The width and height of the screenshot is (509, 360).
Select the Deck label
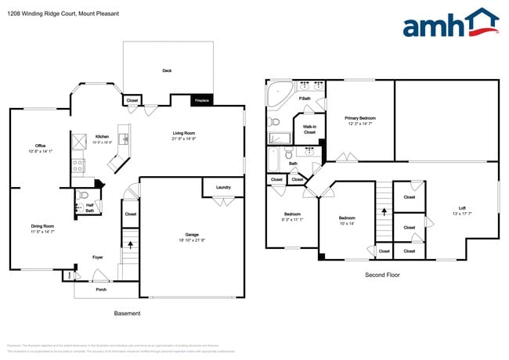point(167,70)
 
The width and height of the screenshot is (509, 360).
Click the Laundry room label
point(223,187)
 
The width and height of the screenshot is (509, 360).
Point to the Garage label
point(192,234)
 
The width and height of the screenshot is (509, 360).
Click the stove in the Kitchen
point(79,166)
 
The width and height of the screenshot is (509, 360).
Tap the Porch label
point(101,289)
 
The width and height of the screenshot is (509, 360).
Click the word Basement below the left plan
point(127,313)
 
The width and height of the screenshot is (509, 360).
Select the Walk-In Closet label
point(310,130)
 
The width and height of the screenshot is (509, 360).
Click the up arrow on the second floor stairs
point(384,211)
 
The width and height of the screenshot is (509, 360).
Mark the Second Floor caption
point(384,275)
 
